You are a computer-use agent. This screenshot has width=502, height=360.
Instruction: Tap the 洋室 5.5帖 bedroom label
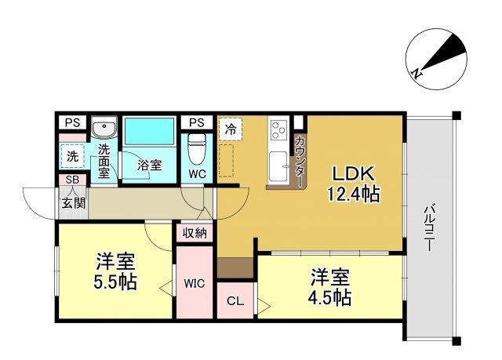coord(115,271)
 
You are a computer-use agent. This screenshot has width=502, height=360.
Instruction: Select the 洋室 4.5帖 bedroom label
coord(329,287)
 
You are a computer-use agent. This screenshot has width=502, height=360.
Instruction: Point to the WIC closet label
coord(195,283)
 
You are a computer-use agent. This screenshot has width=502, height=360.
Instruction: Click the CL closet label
coord(235,301)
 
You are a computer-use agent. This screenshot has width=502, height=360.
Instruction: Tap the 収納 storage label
coord(195,234)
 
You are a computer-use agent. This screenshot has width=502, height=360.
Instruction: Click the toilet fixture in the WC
coord(197,148)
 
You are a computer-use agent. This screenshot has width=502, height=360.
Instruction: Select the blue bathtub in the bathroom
coord(150,131)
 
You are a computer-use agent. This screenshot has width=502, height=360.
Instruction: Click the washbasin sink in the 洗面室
coord(104,127)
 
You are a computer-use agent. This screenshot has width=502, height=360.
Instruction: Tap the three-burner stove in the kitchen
coord(278,129)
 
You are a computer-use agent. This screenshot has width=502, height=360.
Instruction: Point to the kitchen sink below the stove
coord(278,166)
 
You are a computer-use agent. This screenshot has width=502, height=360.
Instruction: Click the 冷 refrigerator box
coord(231,129)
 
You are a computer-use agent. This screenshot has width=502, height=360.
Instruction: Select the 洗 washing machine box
coord(73,156)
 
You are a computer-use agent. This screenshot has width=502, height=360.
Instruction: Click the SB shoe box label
coord(72,180)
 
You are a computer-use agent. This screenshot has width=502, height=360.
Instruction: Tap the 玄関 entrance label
coord(74,203)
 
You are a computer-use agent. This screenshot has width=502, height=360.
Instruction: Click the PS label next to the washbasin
coord(73,122)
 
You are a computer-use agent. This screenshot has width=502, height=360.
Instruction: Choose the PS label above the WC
coord(197,122)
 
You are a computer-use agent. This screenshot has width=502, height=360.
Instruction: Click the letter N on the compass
coord(417,74)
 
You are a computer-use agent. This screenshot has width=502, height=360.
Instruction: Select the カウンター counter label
coord(300,162)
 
